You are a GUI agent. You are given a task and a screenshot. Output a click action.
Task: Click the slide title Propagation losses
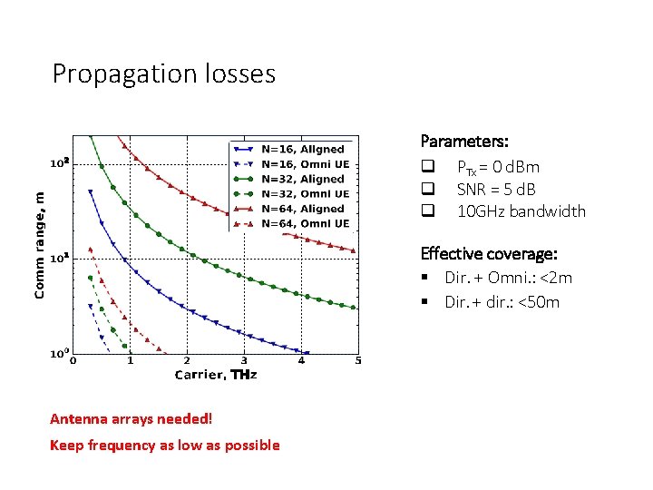coord(163,73)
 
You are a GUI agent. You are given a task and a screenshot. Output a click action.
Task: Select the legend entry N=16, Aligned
coord(302,149)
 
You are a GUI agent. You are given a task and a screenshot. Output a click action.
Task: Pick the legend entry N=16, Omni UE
coord(304,163)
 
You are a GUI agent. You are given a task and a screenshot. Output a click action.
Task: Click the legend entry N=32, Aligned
coord(302,179)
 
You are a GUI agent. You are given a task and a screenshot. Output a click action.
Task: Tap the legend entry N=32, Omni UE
coord(304,193)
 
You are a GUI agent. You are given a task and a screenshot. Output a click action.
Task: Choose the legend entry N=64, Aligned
coord(302,209)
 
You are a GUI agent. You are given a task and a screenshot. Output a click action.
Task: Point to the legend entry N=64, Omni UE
coord(304,223)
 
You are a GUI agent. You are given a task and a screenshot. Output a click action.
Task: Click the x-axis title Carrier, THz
coord(215,375)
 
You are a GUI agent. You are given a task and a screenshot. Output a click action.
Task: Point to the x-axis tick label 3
coord(243,361)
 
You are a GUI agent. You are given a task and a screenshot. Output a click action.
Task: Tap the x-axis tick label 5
coord(357,361)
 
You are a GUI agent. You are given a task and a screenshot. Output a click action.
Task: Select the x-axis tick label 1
coord(130,361)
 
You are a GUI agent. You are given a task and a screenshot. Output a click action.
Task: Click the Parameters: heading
coord(463,142)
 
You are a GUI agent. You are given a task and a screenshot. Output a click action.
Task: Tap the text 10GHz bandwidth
coord(521,211)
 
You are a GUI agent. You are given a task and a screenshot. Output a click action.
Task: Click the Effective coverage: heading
coord(488,253)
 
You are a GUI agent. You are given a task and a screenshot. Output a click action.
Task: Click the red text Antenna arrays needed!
coord(131,418)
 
